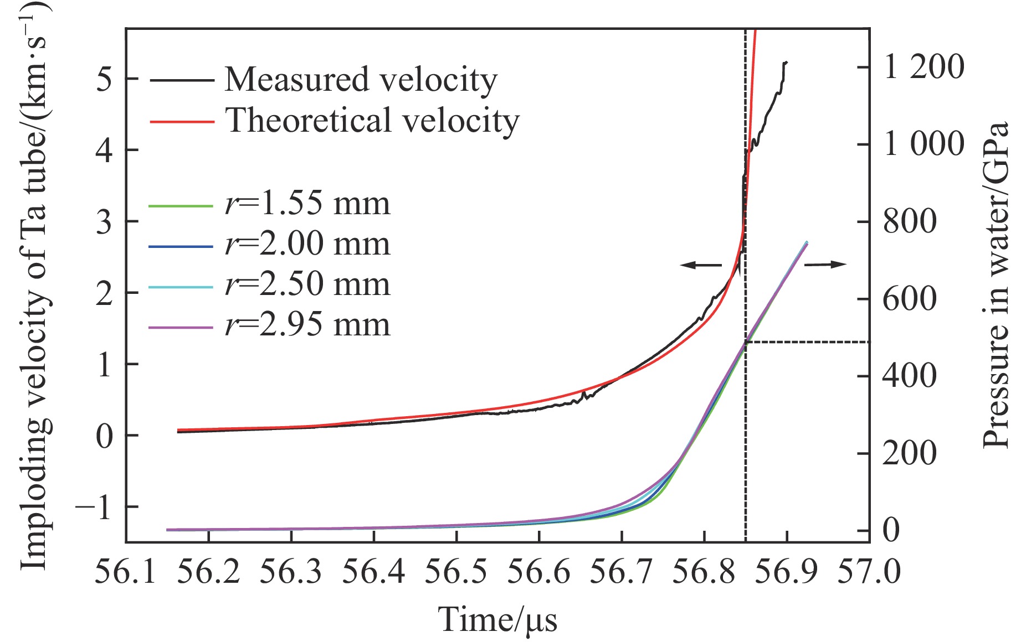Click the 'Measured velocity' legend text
(x=361, y=80)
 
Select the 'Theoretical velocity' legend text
(x=372, y=121)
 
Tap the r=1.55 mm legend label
(x=307, y=204)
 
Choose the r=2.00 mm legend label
(x=307, y=244)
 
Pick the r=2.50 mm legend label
(x=307, y=284)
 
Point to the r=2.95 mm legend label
(x=307, y=325)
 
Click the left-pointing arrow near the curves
(x=701, y=265)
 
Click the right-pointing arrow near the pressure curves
(x=825, y=265)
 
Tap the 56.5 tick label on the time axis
(x=455, y=572)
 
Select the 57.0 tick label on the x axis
(x=868, y=572)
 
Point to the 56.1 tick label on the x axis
(x=125, y=572)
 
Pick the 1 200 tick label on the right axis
(x=923, y=67)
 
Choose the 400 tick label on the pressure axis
(x=909, y=376)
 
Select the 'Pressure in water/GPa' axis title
(x=996, y=285)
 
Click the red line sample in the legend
(x=182, y=121)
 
